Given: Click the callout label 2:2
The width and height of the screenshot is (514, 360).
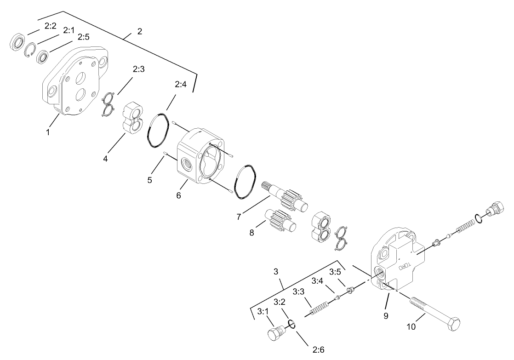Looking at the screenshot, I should pyautogui.click(x=50, y=27).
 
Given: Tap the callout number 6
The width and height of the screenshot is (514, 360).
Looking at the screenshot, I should pyautogui.click(x=178, y=195).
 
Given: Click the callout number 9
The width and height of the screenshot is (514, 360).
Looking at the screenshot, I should pyautogui.click(x=386, y=316).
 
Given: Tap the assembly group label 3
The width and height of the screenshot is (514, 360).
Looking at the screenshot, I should pyautogui.click(x=276, y=272).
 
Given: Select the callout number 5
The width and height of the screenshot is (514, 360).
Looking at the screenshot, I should pyautogui.click(x=150, y=180).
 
